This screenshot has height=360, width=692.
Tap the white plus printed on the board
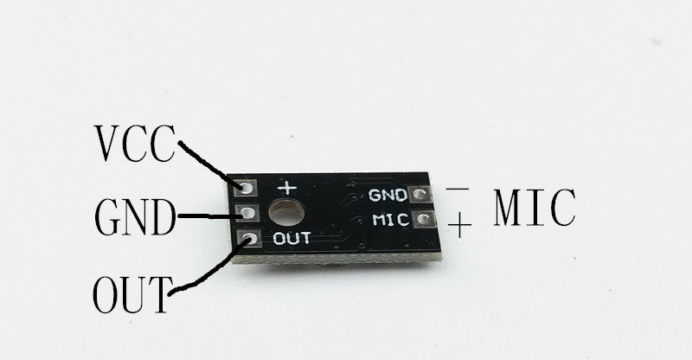[285, 187]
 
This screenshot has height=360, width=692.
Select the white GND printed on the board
[387, 196]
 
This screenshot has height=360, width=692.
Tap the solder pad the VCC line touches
[247, 187]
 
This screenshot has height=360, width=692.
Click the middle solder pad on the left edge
[247, 213]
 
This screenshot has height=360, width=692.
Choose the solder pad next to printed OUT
[248, 239]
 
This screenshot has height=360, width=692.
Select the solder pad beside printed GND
[422, 196]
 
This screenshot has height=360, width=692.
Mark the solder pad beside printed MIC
[422, 220]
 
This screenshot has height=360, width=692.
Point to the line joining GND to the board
[206, 214]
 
